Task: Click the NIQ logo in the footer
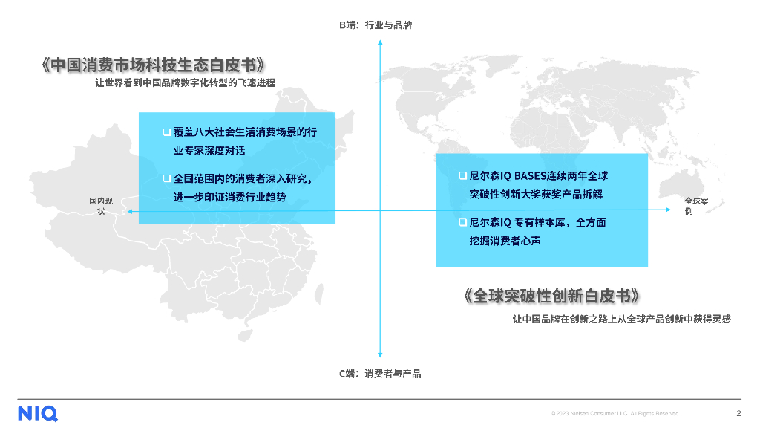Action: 38,414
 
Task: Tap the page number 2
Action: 738,414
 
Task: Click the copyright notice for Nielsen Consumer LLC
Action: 615,414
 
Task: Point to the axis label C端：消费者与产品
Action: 380,374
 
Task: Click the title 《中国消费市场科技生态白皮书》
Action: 152,65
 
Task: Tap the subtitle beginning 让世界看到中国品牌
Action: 185,83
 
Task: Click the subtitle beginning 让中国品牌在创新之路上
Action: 622,319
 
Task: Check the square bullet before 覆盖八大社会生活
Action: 167,132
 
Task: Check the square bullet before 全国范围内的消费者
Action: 167,178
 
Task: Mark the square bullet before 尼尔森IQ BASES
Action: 462,176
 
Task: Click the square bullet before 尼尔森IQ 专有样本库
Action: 462,222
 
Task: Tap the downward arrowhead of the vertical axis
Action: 380,356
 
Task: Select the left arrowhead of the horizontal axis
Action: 128,213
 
